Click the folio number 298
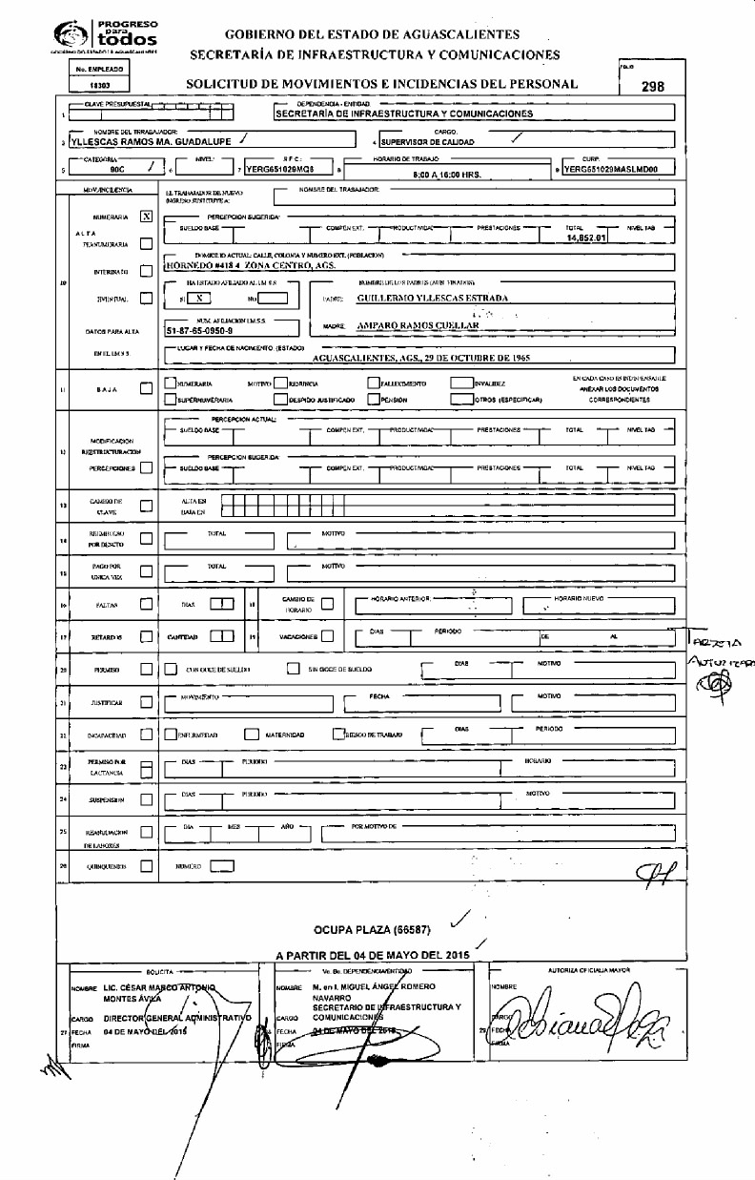652,86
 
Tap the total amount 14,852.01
586,238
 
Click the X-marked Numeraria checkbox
146,217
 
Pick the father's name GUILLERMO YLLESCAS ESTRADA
431,298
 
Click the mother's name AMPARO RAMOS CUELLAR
418,325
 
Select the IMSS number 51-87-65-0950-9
205,330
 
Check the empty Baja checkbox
146,388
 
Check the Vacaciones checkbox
327,635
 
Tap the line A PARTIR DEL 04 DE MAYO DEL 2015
373,955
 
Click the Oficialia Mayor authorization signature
582,1026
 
